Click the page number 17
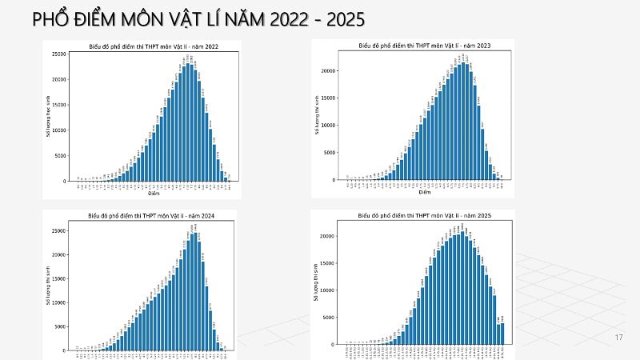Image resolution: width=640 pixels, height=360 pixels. pos(618,337)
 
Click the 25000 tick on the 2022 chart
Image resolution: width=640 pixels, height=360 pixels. pos(59,54)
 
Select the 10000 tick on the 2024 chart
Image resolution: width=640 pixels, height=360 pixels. pos(59,302)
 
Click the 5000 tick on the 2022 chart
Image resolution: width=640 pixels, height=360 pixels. pos(61,155)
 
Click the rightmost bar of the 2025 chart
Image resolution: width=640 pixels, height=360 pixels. pos(502,334)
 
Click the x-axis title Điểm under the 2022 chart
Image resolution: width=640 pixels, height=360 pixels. pos(152,194)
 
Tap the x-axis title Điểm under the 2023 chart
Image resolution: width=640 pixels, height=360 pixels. pos(424,192)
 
